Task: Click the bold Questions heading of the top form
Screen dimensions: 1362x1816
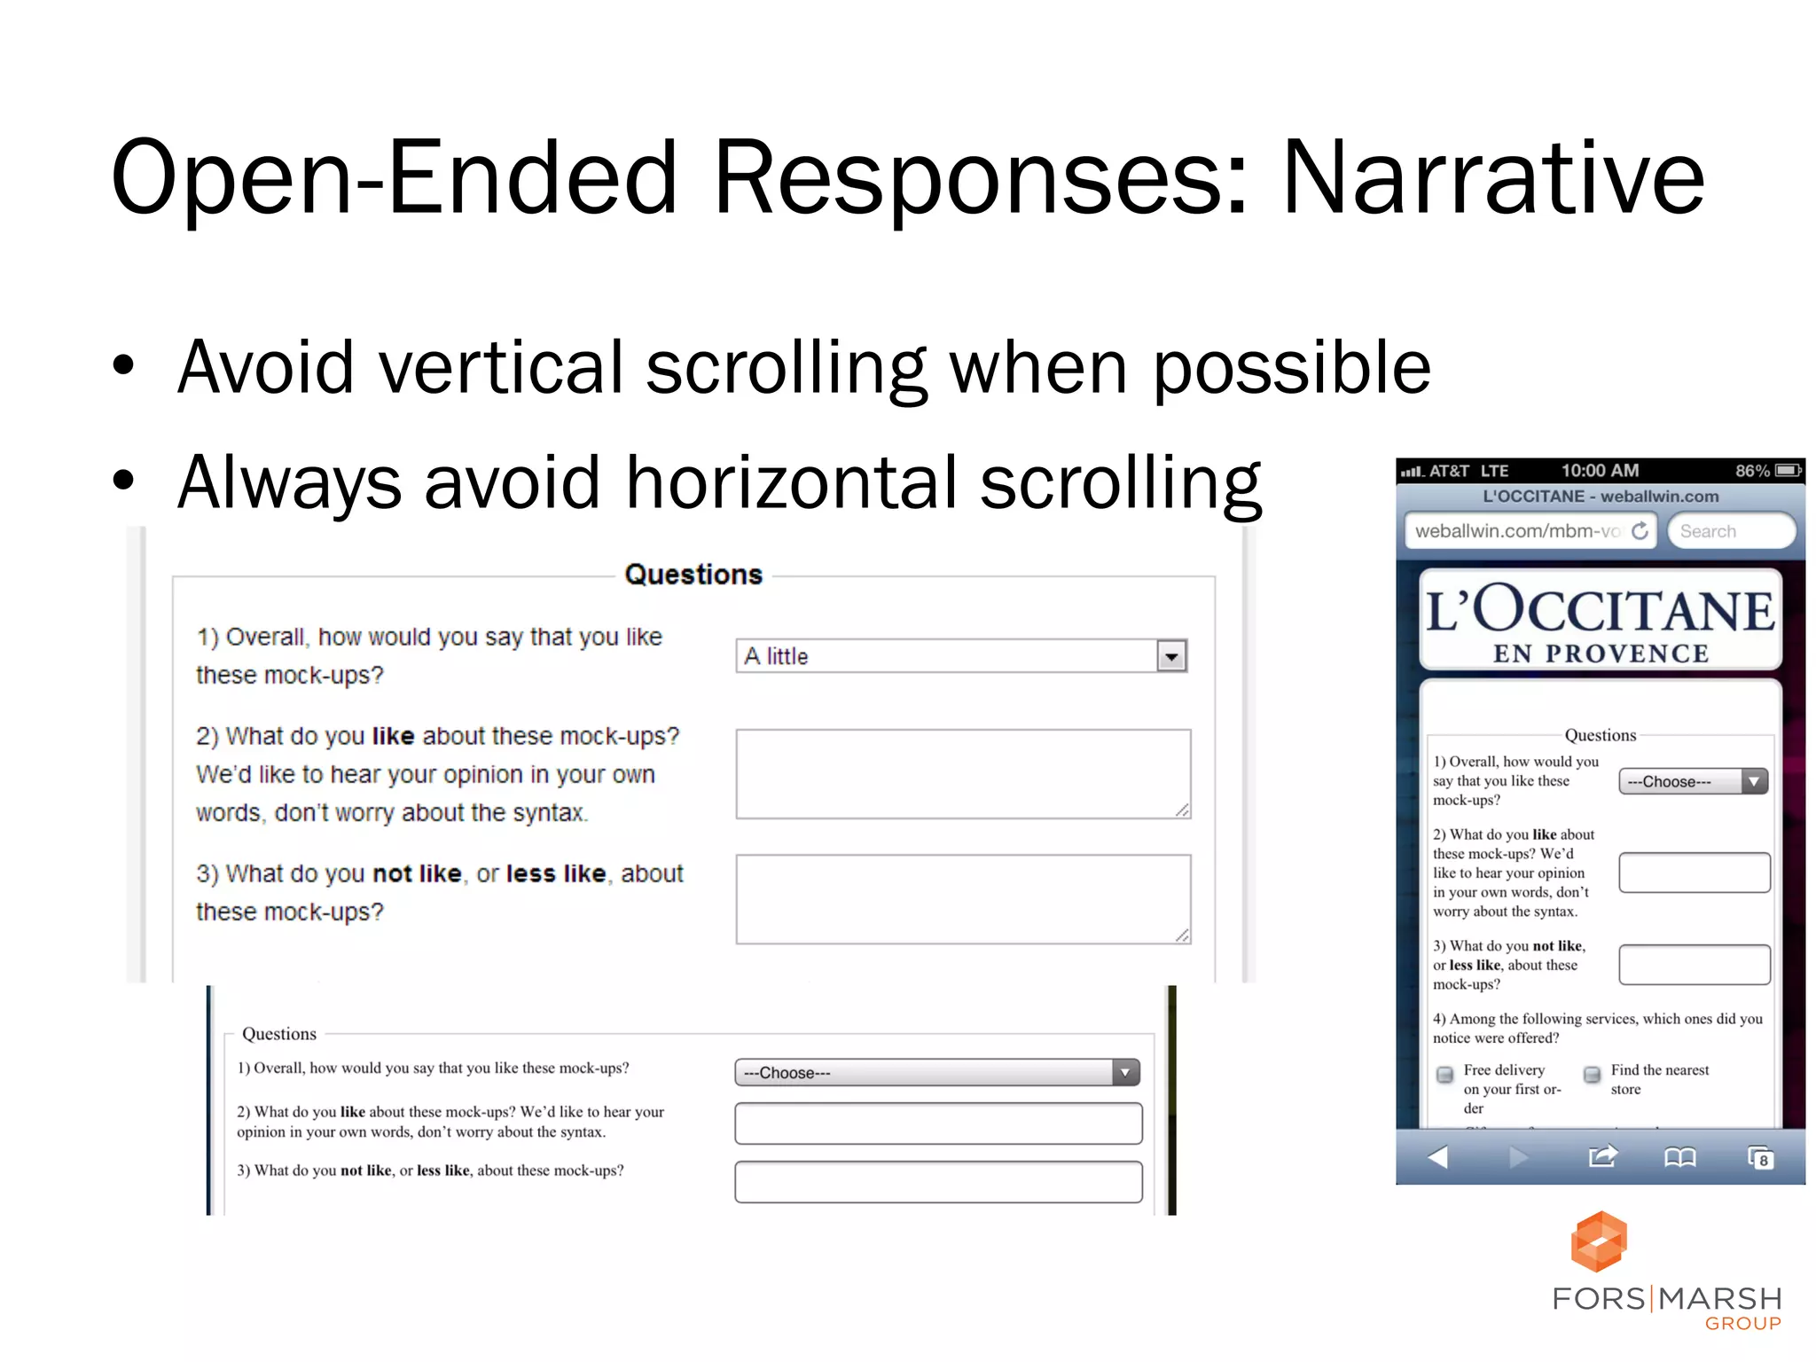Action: [x=693, y=575]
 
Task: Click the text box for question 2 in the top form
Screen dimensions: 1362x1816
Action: [x=962, y=773]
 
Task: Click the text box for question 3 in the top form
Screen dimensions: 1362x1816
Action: [x=962, y=898]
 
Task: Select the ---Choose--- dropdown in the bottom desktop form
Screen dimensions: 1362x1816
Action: [x=936, y=1073]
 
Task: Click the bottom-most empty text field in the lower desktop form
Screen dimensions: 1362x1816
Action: [x=937, y=1182]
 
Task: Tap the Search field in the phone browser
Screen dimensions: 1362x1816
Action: [x=1730, y=531]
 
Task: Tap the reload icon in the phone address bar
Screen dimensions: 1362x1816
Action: [x=1640, y=530]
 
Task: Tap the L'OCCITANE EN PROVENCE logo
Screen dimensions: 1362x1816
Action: [x=1600, y=621]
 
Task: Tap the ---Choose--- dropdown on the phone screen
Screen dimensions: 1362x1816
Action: [x=1693, y=781]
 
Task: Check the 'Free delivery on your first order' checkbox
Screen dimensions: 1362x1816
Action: [x=1444, y=1075]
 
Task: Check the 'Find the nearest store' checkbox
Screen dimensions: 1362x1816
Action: [x=1592, y=1075]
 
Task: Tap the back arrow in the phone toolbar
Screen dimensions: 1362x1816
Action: [x=1437, y=1157]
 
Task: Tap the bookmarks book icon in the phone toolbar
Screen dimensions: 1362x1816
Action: [x=1679, y=1157]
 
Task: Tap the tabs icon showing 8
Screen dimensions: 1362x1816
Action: [x=1759, y=1158]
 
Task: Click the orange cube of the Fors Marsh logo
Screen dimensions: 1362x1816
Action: [x=1599, y=1241]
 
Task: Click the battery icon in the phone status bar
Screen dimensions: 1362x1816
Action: [x=1789, y=470]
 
